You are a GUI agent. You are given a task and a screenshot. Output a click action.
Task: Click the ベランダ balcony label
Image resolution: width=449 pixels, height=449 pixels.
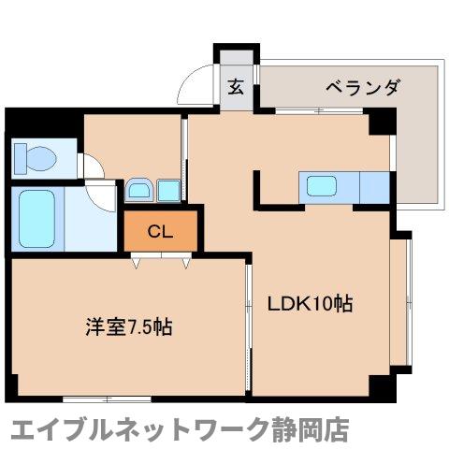[364, 88]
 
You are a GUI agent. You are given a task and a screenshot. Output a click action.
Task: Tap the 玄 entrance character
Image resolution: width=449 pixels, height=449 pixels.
[235, 89]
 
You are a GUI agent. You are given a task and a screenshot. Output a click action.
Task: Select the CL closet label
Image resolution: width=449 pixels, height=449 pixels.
[161, 231]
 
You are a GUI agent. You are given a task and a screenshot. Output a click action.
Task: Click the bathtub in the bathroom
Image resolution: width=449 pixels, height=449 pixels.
[36, 218]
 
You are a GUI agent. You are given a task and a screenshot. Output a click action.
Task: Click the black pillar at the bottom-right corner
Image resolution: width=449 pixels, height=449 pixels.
[377, 386]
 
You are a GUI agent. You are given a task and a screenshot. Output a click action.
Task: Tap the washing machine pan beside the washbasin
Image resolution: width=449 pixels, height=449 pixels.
[169, 190]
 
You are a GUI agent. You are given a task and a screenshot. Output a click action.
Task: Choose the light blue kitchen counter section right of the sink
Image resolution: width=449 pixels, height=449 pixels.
[372, 186]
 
